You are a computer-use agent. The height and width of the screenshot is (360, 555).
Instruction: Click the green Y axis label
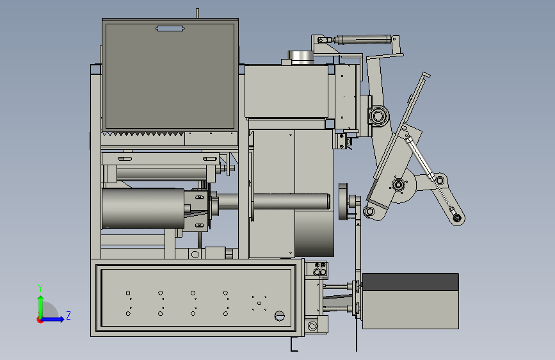click(40, 288)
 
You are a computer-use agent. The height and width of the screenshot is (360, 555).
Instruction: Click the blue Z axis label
click(68, 315)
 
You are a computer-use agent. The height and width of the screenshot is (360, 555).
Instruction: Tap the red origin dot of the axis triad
click(40, 320)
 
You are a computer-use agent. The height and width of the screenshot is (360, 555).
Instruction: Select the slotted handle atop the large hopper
click(170, 28)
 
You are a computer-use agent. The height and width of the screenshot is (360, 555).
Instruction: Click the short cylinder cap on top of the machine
click(302, 57)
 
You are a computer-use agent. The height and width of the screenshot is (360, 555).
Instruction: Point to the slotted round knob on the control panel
click(279, 315)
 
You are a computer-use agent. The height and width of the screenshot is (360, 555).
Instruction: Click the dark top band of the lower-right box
click(410, 282)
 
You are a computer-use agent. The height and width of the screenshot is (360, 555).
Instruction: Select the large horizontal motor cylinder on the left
click(143, 208)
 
